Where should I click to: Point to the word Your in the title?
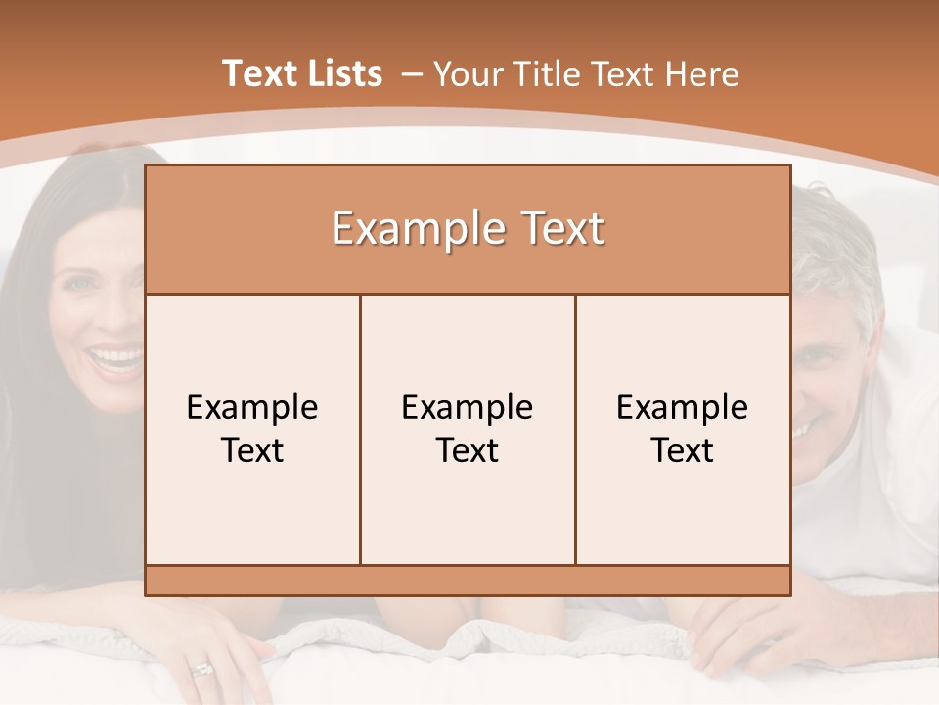[x=467, y=74]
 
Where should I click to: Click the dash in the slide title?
[x=411, y=74]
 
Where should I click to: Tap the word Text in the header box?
[x=561, y=229]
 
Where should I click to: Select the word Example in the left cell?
[x=252, y=407]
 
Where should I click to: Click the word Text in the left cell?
[x=252, y=450]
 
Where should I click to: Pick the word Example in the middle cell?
[x=468, y=407]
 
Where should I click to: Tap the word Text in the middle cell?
[x=468, y=450]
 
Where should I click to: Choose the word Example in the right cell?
[x=683, y=407]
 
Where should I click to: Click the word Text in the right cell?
[x=683, y=450]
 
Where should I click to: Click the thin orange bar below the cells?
[x=468, y=581]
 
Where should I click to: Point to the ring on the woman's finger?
[x=202, y=670]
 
